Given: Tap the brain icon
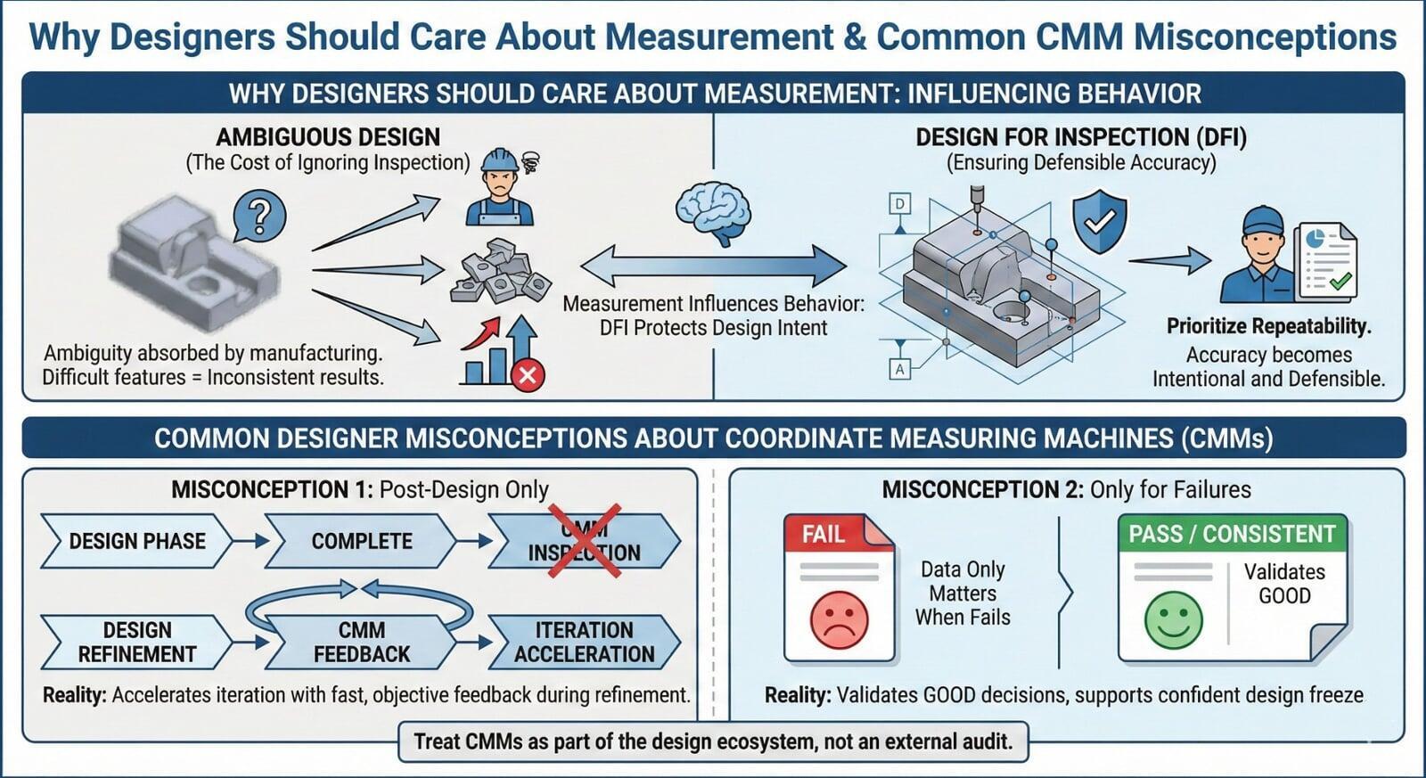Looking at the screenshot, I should (713, 211).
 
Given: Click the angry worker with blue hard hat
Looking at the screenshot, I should (500, 188).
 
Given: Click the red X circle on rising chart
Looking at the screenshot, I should (528, 374).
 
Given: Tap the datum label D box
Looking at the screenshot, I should (900, 204).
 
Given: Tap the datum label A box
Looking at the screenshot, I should (900, 368).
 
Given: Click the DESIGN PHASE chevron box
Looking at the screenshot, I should (136, 541).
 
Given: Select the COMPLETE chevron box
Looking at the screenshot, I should (361, 541).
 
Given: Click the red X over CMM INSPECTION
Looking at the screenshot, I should (584, 541).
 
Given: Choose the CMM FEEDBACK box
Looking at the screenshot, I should (361, 642).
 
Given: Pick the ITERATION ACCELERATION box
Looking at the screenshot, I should (584, 642).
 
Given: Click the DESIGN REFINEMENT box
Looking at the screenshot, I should (136, 642).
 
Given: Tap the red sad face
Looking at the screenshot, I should (839, 619).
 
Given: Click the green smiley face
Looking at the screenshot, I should (1173, 620).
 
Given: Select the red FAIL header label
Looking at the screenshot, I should (824, 534).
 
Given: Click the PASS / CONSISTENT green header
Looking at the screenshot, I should (1232, 534).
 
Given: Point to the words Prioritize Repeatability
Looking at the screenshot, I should (1268, 326).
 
